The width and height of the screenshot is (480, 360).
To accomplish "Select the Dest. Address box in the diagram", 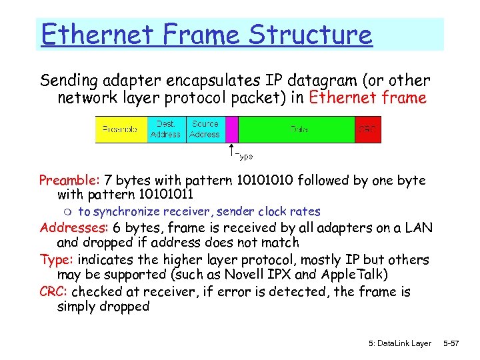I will [165, 129].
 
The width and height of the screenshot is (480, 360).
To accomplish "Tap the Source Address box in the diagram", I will [205, 129].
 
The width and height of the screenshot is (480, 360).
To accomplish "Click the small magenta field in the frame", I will [231, 129].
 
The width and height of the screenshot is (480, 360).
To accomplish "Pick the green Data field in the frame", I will [299, 129].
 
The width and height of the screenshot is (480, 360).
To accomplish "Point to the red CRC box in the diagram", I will [368, 129].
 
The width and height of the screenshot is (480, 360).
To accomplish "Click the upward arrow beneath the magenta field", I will [231, 150].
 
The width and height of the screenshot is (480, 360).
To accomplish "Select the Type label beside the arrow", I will [244, 156].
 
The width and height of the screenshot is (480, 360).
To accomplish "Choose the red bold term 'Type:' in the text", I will [55, 259].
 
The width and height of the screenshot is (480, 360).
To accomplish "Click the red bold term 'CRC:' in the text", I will [54, 291].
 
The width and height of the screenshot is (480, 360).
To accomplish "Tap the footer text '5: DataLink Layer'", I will [399, 343].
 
